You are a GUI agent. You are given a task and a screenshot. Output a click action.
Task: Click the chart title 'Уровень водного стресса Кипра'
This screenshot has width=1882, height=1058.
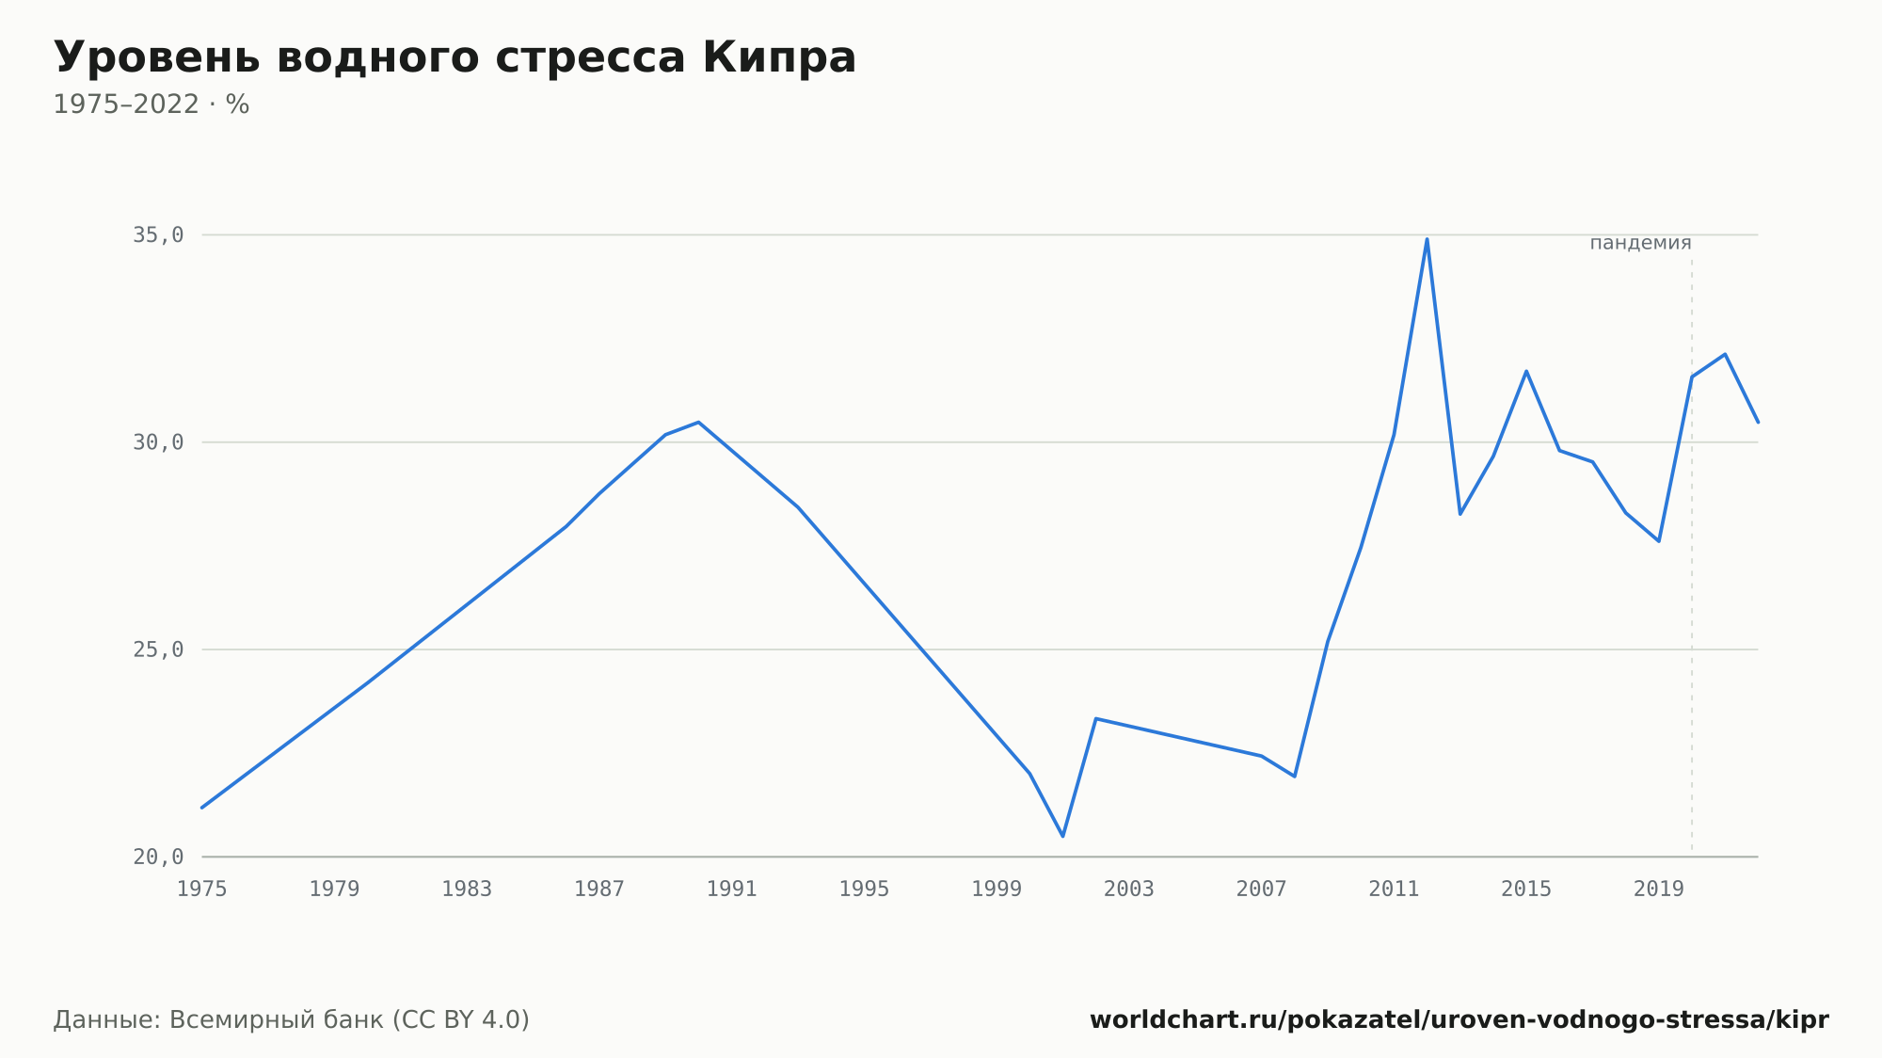[455, 59]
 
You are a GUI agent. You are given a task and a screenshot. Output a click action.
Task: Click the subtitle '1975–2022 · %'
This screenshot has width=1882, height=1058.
[151, 104]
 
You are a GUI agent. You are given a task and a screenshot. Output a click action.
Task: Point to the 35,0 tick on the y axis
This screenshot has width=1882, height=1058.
[158, 235]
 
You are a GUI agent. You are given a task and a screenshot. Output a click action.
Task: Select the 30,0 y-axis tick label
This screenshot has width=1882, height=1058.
[158, 442]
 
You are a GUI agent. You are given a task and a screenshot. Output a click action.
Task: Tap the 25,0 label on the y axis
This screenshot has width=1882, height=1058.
[158, 649]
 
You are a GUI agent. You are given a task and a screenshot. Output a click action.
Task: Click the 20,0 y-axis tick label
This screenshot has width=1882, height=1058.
[158, 857]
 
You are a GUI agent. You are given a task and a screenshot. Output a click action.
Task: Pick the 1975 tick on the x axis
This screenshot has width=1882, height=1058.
[202, 890]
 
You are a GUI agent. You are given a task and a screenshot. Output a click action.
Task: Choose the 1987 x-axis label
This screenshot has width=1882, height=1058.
[599, 890]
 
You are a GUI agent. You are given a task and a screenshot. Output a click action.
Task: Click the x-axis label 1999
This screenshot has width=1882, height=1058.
[997, 890]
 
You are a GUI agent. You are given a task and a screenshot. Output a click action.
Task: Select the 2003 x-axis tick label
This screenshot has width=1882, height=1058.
[1129, 890]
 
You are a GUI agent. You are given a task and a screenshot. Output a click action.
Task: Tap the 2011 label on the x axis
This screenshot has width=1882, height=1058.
[1394, 890]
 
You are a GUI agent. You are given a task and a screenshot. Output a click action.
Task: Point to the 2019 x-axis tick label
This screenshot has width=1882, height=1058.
[1659, 890]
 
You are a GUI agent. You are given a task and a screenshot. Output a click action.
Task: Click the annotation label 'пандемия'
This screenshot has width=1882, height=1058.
[1640, 243]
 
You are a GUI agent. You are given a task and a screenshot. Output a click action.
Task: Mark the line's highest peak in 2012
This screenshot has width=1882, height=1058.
[1427, 239]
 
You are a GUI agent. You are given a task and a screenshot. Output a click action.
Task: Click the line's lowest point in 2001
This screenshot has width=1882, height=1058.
[1062, 836]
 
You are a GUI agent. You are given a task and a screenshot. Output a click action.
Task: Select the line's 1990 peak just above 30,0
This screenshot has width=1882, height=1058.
[698, 422]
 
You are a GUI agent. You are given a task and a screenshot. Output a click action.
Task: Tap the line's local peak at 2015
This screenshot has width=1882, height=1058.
[1526, 371]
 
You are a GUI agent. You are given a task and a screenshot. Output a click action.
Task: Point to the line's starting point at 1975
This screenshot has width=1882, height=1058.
[202, 808]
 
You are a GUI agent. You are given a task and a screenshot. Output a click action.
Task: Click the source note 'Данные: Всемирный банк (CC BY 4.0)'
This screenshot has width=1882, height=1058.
[292, 1020]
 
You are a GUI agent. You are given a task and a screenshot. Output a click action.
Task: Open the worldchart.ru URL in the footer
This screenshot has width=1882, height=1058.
[1459, 1020]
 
